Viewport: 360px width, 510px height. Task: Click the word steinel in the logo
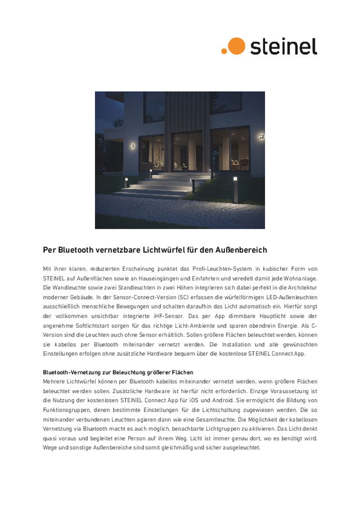[283, 46]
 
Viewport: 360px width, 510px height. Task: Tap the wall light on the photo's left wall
[133, 145]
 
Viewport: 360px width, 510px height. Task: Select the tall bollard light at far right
[235, 190]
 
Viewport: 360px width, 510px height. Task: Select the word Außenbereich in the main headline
[239, 249]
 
